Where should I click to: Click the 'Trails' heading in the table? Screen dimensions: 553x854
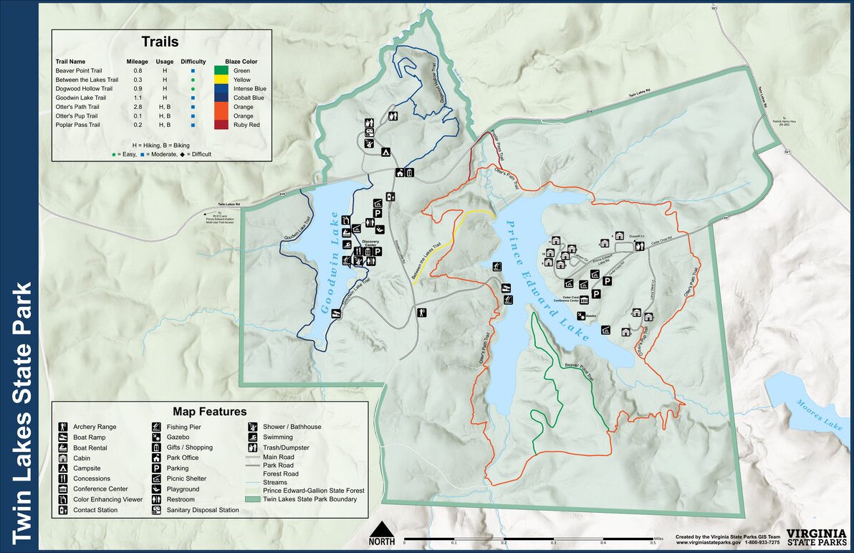(160, 42)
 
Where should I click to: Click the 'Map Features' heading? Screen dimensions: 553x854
(209, 412)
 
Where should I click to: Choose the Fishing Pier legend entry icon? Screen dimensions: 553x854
(156, 427)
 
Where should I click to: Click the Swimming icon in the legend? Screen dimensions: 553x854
(253, 438)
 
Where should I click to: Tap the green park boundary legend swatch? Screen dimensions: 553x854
(253, 499)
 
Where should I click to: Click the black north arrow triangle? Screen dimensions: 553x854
(382, 529)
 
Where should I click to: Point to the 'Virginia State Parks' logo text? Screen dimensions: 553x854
(815, 537)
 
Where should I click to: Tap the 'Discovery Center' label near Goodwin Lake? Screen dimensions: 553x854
(370, 242)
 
